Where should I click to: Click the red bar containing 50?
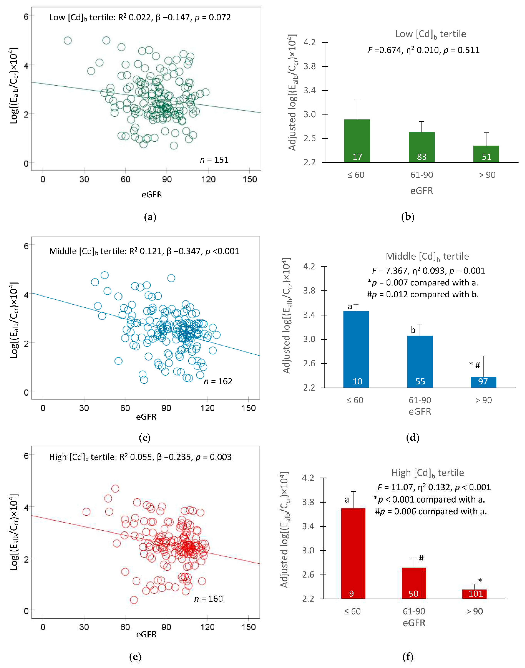[414, 583]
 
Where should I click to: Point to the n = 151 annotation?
[214, 160]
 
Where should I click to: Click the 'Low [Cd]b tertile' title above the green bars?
[430, 34]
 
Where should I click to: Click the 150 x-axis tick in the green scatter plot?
[250, 179]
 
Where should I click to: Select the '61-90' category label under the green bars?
[421, 175]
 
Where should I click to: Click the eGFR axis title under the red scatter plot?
[146, 634]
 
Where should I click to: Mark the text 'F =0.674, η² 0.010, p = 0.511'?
[424, 50]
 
